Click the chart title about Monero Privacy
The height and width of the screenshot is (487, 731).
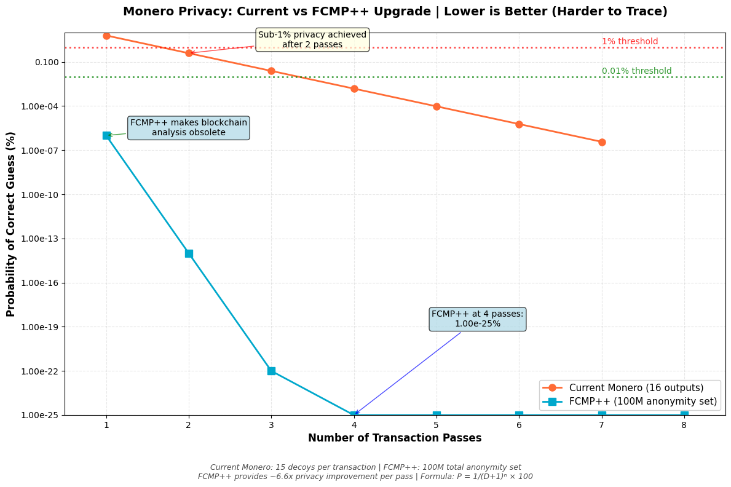395,12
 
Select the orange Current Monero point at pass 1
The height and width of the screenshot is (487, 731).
106,36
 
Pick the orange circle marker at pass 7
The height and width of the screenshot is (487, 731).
602,142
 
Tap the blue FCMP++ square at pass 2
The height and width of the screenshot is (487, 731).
189,253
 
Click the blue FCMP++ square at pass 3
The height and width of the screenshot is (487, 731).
271,371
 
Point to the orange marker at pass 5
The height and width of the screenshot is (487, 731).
437,106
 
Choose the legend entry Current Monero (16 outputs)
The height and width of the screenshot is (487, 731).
636,388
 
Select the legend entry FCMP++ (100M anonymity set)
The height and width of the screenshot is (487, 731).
642,402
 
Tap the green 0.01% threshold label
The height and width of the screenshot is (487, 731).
636,71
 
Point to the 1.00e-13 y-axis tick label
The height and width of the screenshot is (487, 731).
39,239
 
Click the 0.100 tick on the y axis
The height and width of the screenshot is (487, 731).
47,62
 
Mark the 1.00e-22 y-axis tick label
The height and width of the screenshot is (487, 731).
39,371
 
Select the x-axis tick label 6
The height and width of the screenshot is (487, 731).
519,424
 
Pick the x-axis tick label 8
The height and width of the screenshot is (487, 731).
684,424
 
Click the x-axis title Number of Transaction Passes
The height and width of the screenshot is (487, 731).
395,438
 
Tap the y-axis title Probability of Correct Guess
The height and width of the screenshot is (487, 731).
11,224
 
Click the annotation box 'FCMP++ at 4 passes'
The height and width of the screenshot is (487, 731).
477,319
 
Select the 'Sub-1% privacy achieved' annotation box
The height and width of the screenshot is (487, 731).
312,40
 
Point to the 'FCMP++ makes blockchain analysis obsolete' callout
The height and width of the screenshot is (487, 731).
188,128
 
